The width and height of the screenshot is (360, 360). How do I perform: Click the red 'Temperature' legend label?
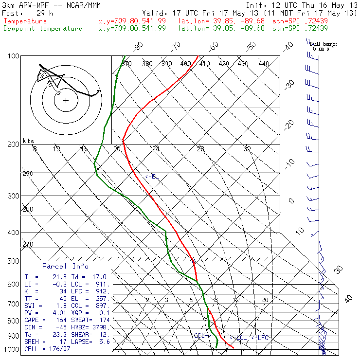25,21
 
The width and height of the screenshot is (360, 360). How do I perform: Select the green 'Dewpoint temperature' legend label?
43,28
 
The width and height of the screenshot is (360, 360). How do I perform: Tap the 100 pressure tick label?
13,56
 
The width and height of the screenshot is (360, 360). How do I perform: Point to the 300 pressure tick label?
13,196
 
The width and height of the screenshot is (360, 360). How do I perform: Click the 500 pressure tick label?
13,261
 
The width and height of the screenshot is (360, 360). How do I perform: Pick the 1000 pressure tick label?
12,349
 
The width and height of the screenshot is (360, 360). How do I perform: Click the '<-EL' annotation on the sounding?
152,176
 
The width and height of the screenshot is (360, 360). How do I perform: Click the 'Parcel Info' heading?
65,266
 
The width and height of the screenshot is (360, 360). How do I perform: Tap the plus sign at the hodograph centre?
66,101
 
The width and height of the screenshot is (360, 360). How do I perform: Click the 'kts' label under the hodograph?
29,141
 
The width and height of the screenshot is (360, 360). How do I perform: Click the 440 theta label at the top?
264,64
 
